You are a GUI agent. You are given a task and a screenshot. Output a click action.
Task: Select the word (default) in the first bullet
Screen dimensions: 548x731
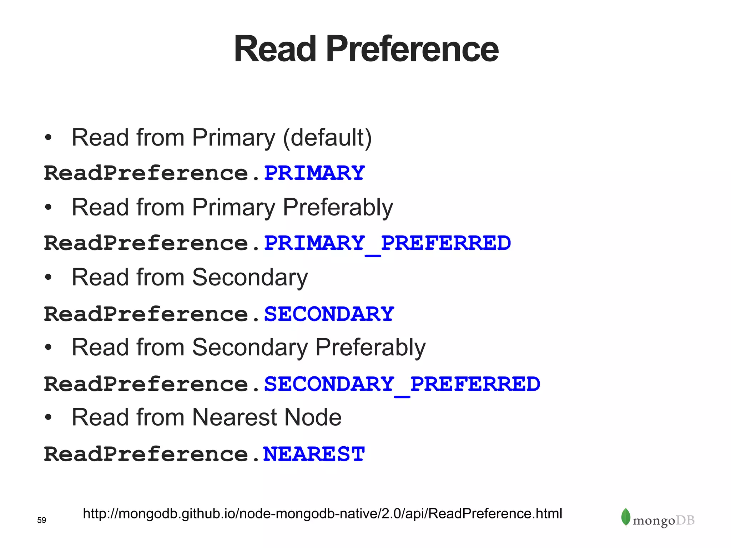click(327, 138)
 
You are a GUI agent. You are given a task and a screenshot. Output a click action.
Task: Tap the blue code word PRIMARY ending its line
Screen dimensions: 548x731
click(314, 173)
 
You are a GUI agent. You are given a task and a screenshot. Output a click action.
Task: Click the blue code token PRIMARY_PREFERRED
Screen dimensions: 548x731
click(387, 243)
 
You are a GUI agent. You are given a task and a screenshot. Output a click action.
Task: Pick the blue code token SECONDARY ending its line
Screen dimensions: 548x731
click(329, 314)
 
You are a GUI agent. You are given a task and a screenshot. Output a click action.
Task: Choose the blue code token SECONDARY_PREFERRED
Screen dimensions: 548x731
click(402, 384)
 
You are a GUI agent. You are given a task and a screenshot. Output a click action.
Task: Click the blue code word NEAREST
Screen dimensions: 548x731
click(314, 454)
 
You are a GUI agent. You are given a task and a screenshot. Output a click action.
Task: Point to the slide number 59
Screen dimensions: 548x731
click(41, 520)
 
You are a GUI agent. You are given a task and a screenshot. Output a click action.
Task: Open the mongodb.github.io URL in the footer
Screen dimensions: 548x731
click(322, 514)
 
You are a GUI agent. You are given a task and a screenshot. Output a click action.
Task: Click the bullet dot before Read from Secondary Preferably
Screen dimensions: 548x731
click(48, 347)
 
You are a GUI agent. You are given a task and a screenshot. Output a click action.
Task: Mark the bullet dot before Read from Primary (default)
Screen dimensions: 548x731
click(48, 138)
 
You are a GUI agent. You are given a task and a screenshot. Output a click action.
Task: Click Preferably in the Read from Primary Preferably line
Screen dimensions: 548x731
click(338, 208)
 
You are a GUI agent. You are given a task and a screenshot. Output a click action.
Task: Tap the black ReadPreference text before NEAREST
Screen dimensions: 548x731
click(146, 454)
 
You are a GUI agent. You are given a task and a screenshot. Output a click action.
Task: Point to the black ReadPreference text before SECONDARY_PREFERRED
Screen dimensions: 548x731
click(146, 384)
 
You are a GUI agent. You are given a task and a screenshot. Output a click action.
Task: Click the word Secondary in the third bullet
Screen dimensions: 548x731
click(249, 278)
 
